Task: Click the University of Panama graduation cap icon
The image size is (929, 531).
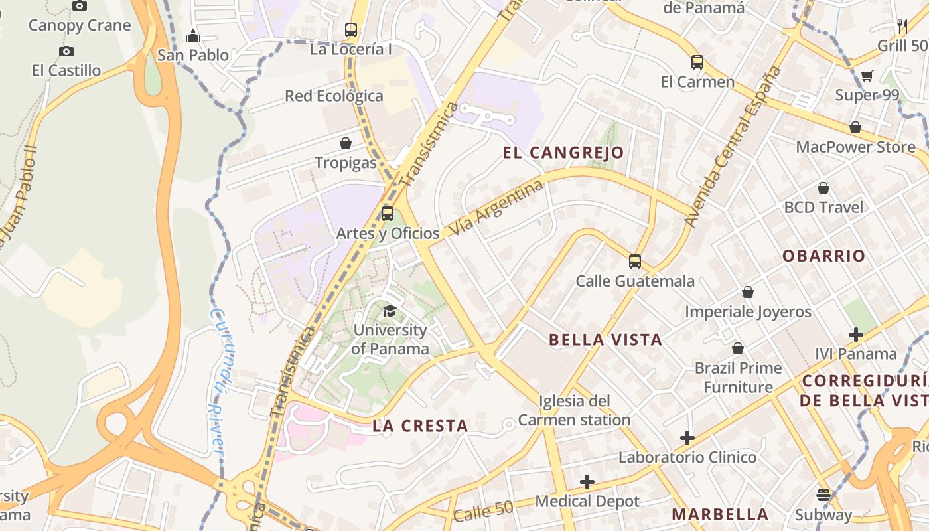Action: pos(390,311)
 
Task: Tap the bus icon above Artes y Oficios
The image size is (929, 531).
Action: pos(388,214)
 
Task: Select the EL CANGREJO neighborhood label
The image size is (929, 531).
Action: pos(563,153)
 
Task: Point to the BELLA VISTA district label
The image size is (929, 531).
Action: pos(605,340)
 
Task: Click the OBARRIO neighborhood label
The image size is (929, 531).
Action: pos(823,256)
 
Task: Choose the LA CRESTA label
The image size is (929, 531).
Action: pos(421,426)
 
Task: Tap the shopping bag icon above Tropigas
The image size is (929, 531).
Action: pos(345,143)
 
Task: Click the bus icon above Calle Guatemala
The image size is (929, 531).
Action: pos(635,262)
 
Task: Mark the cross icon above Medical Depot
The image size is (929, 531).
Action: pos(587,482)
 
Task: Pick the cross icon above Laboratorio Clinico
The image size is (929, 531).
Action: pos(687,438)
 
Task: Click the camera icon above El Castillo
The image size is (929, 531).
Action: pos(66,51)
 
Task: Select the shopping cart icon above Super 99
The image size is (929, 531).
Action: pos(867,76)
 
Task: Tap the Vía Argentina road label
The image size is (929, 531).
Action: pos(496,208)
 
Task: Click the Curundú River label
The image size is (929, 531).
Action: pos(216,382)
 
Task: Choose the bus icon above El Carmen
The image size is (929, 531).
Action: pos(697,62)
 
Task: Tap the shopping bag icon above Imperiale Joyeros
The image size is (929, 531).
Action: pos(748,292)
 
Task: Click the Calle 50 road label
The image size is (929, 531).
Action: pos(484,511)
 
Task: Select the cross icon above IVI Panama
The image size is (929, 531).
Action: pos(856,335)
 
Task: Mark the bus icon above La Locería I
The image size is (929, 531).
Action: pos(351,30)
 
